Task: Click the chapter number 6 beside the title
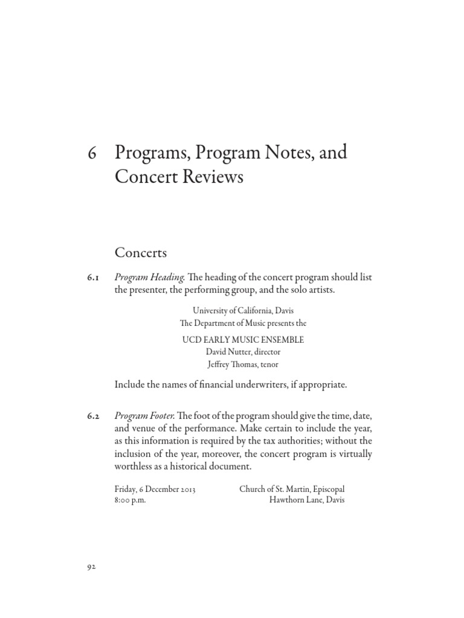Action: (92, 153)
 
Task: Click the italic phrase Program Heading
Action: (149, 278)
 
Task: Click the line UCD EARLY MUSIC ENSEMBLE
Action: (243, 340)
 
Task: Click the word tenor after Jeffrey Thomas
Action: (269, 364)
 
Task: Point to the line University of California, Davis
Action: (243, 311)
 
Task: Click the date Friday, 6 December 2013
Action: (155, 489)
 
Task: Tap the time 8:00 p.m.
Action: (129, 501)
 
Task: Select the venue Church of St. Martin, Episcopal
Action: (292, 489)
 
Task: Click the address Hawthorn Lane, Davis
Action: (307, 501)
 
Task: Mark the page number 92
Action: (92, 567)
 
